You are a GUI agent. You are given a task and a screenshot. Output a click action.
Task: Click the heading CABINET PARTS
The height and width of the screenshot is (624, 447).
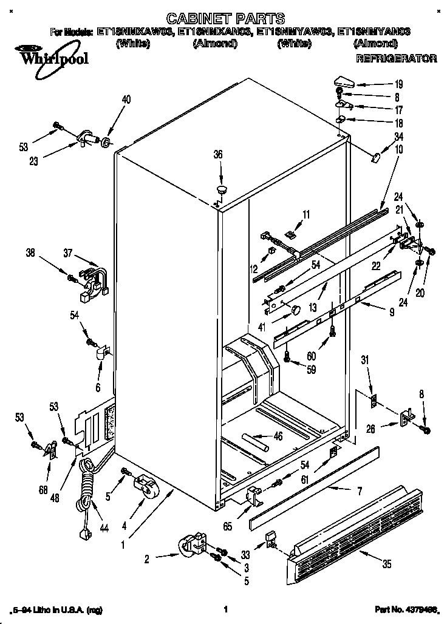216,19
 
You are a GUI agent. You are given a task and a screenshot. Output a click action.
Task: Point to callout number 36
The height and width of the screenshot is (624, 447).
219,155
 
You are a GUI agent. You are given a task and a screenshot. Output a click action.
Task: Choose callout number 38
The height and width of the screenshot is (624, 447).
30,254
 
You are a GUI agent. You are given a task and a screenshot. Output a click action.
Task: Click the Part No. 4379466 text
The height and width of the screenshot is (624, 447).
406,609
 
